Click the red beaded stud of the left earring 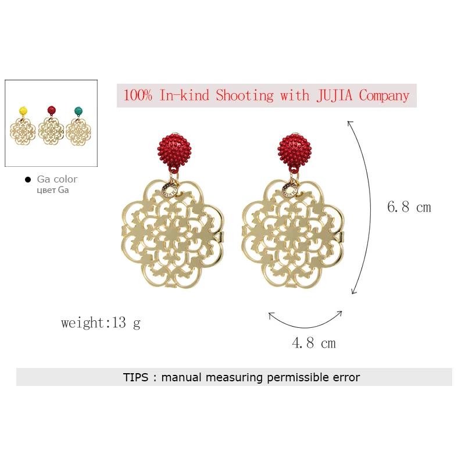coord(174,151)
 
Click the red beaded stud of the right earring coord(295,151)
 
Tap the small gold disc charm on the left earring coord(170,190)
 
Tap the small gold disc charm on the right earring coord(290,190)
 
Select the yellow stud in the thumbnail coord(23,111)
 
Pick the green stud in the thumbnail coord(78,111)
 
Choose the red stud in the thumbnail coord(52,110)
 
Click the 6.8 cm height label coord(409,207)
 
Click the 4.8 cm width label coord(314,343)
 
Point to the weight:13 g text coord(101,323)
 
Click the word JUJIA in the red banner coord(334,95)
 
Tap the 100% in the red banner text coord(138,95)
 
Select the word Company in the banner coord(384,96)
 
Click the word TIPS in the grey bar coord(135,377)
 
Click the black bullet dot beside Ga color coord(28,180)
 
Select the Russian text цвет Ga coord(53,190)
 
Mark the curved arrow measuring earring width coord(306,327)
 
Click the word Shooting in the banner coord(245,96)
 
